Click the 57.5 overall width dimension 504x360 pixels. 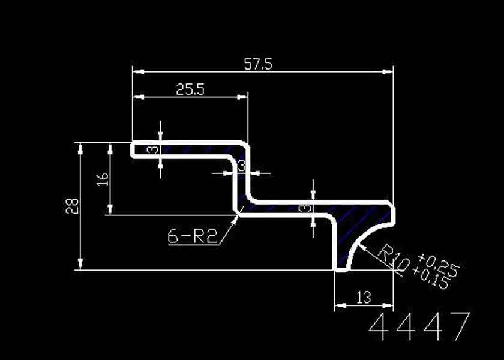click(258, 64)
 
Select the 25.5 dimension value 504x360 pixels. click(190, 89)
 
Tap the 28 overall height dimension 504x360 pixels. click(72, 206)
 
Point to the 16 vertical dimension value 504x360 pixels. click(103, 179)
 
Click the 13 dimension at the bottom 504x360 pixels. click(364, 298)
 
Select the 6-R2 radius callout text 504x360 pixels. click(192, 236)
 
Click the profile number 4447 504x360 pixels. click(419, 326)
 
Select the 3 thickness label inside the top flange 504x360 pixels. click(154, 150)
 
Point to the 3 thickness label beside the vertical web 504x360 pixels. click(241, 166)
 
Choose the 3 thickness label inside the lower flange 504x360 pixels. click(305, 209)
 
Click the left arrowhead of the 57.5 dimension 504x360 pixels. click(138, 71)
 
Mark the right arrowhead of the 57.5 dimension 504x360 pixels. click(388, 71)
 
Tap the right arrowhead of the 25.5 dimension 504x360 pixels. click(242, 97)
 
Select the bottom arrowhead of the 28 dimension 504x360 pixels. click(80, 264)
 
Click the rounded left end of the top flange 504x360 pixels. click(132, 150)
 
